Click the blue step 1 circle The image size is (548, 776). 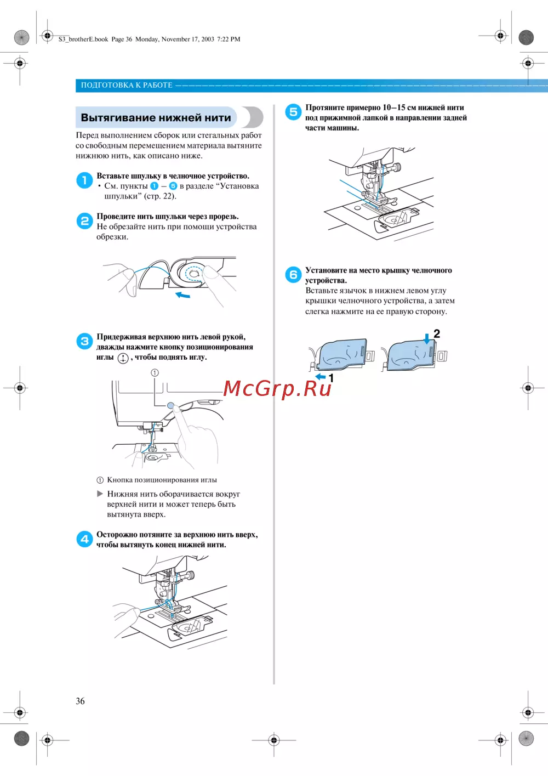84,180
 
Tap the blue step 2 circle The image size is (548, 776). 84,220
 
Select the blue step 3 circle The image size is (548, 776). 84,341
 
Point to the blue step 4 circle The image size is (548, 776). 84,539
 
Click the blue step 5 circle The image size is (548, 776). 293,112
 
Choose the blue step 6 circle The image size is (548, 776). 293,274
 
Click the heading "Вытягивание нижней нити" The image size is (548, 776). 156,118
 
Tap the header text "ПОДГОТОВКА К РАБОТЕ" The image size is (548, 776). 127,85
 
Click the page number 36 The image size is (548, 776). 80,701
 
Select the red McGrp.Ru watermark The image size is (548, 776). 277,388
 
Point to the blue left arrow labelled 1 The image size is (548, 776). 321,377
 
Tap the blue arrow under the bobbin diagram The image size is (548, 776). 182,295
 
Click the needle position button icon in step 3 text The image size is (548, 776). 123,358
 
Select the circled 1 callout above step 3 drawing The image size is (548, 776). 155,372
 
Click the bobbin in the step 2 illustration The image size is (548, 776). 192,273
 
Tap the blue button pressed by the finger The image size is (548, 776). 171,406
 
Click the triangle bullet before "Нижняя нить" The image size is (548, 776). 100,494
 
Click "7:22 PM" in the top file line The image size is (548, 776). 229,39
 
